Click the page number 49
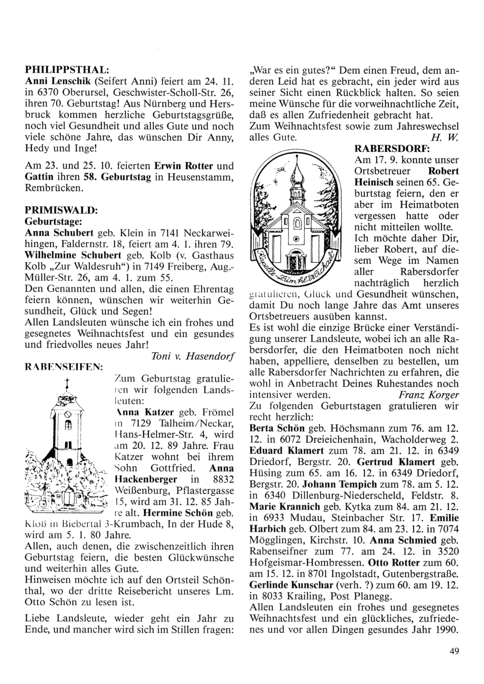pos(454,651)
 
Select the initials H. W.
pos(449,137)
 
